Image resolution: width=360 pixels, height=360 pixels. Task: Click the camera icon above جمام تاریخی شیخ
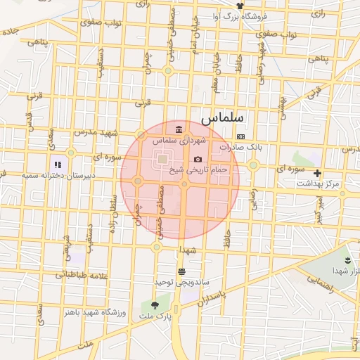pyautogui.click(x=198, y=160)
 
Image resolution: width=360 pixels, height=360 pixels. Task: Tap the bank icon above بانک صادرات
pyautogui.click(x=241, y=136)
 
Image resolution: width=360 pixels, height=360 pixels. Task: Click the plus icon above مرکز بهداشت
pyautogui.click(x=317, y=173)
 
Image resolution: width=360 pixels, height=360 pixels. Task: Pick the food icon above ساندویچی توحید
pyautogui.click(x=182, y=271)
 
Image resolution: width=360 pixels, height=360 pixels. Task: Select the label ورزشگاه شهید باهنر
pyautogui.click(x=94, y=311)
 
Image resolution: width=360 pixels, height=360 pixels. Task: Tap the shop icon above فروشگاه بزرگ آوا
pyautogui.click(x=240, y=6)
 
